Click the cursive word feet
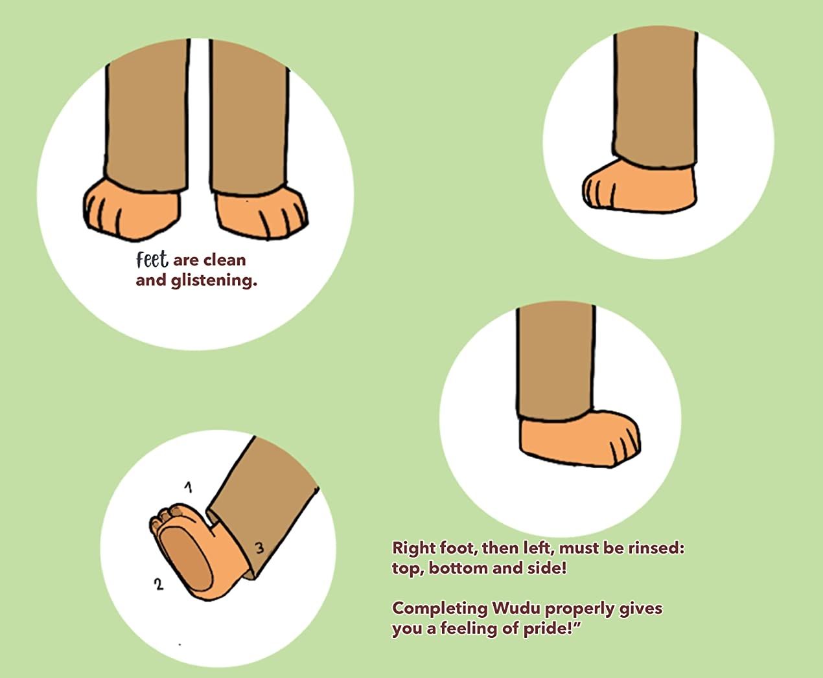pyautogui.click(x=152, y=260)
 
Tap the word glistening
pyautogui.click(x=214, y=281)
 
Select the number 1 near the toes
pyautogui.click(x=189, y=487)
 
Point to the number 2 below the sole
pyautogui.click(x=159, y=584)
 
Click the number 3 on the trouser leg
pyautogui.click(x=259, y=548)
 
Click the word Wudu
pyautogui.click(x=516, y=608)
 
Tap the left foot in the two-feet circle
pyautogui.click(x=132, y=210)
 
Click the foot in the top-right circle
pyautogui.click(x=640, y=186)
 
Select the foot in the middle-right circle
pyautogui.click(x=579, y=438)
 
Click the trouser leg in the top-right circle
pyautogui.click(x=655, y=98)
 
